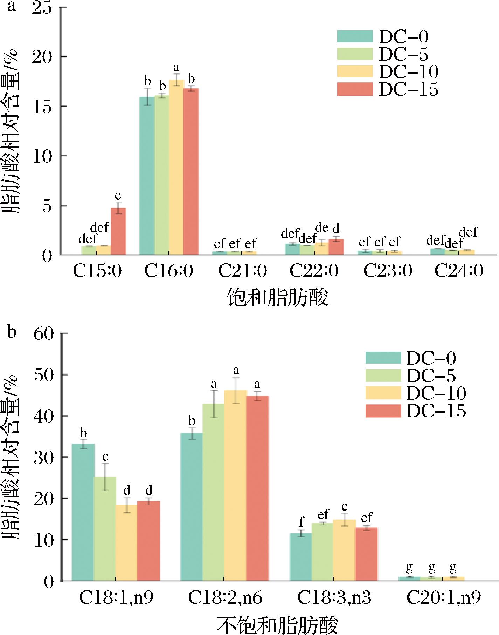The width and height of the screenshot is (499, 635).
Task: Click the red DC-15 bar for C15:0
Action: pyautogui.click(x=118, y=231)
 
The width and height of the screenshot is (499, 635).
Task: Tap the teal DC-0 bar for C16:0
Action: pyautogui.click(x=147, y=176)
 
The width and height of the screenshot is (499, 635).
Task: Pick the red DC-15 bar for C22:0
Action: pyautogui.click(x=336, y=247)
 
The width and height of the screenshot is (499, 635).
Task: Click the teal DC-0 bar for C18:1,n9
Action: pyautogui.click(x=83, y=512)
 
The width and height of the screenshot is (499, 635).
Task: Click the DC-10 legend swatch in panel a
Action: pyautogui.click(x=355, y=71)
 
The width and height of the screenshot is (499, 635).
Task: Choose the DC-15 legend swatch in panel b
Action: pyautogui.click(x=383, y=411)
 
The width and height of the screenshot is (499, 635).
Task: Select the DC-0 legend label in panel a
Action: pyautogui.click(x=403, y=37)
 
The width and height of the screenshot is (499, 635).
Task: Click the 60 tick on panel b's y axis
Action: pyautogui.click(x=43, y=333)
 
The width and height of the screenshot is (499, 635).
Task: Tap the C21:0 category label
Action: pyautogui.click(x=242, y=271)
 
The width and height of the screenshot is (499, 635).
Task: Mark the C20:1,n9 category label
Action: pyautogui.click(x=444, y=599)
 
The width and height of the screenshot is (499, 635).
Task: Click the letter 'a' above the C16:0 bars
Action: pyautogui.click(x=176, y=67)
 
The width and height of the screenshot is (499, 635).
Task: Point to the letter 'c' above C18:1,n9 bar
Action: pyautogui.click(x=105, y=457)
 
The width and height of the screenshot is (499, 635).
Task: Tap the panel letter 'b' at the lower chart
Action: pyautogui.click(x=12, y=332)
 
